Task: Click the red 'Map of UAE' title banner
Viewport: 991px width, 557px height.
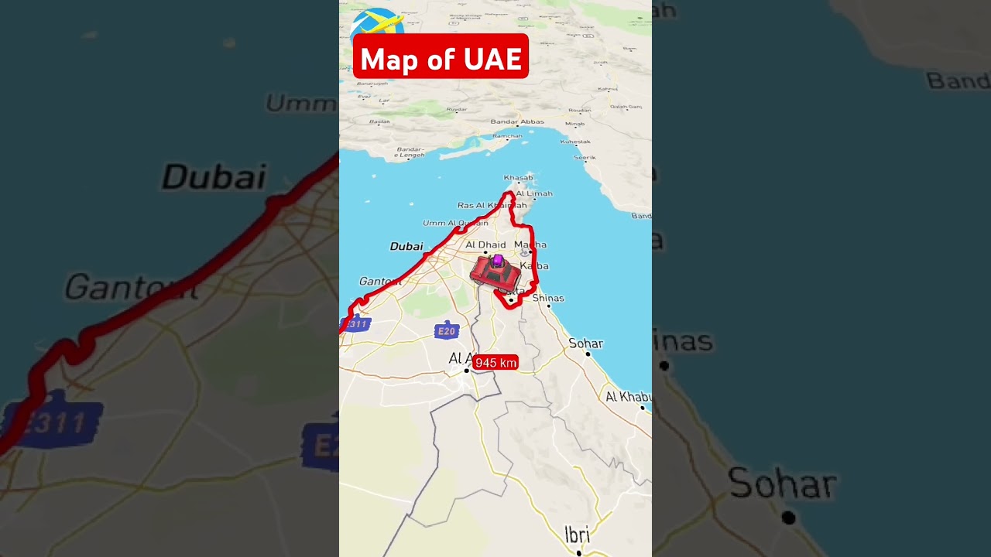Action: point(441,56)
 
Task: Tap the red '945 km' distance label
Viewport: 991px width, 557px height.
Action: point(495,363)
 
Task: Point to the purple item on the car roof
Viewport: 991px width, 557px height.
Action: point(498,261)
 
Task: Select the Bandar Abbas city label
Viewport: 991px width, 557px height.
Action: point(517,121)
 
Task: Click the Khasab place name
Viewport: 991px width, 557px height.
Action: point(518,178)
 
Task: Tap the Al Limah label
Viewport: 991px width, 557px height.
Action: point(534,193)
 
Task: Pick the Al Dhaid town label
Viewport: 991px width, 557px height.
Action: point(485,245)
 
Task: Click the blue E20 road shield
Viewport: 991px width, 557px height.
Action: point(447,332)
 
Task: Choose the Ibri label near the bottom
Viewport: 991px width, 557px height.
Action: point(577,535)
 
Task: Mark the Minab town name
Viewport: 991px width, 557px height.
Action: point(575,124)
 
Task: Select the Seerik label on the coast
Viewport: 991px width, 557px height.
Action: point(585,158)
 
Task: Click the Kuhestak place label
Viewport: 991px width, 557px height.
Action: point(575,142)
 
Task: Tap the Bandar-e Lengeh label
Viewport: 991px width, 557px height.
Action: point(410,152)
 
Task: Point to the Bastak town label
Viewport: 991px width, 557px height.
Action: point(379,121)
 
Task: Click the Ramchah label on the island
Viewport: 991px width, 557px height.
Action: point(508,136)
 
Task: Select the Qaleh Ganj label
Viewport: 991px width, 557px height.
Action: point(626,107)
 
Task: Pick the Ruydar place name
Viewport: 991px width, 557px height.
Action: point(457,109)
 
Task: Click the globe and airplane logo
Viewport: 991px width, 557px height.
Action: point(378,23)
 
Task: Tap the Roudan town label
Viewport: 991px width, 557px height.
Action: point(579,110)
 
